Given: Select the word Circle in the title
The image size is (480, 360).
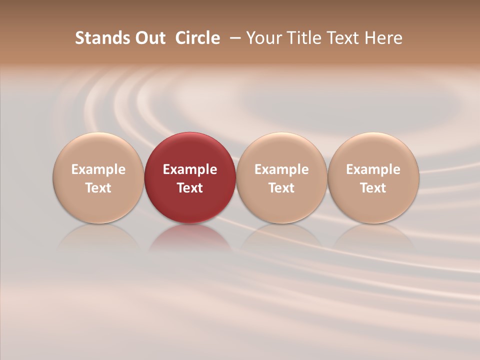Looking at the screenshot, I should (197, 38).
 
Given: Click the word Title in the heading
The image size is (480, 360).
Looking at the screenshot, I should (301, 38).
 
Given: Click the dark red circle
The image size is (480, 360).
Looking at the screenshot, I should (190, 150).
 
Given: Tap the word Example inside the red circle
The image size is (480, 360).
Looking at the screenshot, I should (190, 169).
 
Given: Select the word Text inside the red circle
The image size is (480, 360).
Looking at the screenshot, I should (190, 188).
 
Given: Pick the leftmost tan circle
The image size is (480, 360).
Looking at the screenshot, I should (98, 150).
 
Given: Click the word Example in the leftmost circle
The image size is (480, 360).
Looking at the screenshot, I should (98, 169).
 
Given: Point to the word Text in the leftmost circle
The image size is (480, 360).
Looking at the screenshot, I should (98, 188).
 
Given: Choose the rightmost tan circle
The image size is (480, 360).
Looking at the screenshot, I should (373, 150).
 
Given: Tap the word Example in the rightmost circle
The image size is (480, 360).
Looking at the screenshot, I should (373, 169).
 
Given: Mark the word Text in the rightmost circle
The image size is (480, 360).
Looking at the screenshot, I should (373, 188).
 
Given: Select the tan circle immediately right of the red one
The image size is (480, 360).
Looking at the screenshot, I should (281, 150).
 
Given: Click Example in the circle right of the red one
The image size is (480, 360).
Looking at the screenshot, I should (281, 169).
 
